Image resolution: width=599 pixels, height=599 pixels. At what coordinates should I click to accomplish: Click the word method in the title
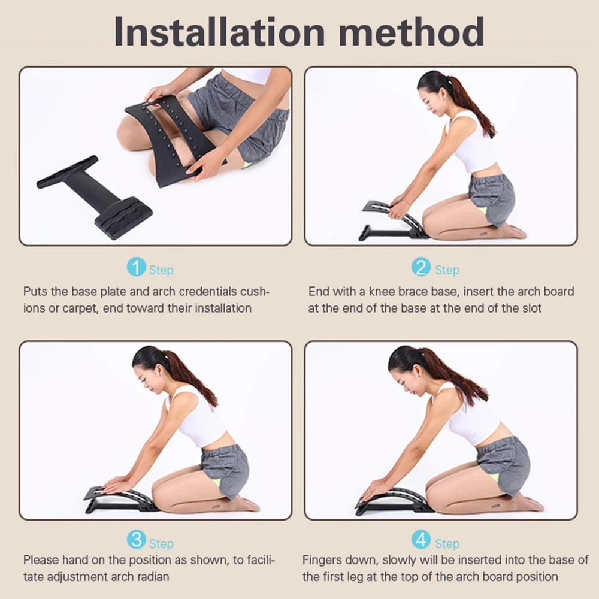pos(412,32)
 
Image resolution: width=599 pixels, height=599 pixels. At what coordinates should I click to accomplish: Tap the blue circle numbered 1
pos(137,267)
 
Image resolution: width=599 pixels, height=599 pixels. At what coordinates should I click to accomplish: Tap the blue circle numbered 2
pos(421,267)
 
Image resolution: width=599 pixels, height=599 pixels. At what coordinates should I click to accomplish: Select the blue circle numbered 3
pos(137,540)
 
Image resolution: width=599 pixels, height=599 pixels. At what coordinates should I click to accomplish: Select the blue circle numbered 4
pos(421,540)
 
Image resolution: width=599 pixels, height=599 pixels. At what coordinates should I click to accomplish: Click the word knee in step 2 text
pos(382,292)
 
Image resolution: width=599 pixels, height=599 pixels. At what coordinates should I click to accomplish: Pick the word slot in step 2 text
pos(531,308)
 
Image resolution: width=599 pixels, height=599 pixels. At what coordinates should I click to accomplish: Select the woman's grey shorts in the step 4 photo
pos(503,466)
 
